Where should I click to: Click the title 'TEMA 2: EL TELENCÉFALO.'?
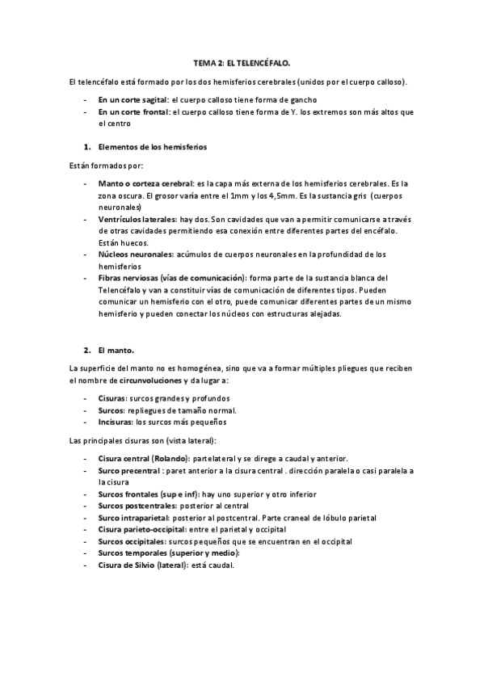[242, 62]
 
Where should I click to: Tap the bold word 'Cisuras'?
[112, 398]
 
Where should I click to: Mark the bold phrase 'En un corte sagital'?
[133, 99]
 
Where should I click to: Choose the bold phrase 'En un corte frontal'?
[134, 111]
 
